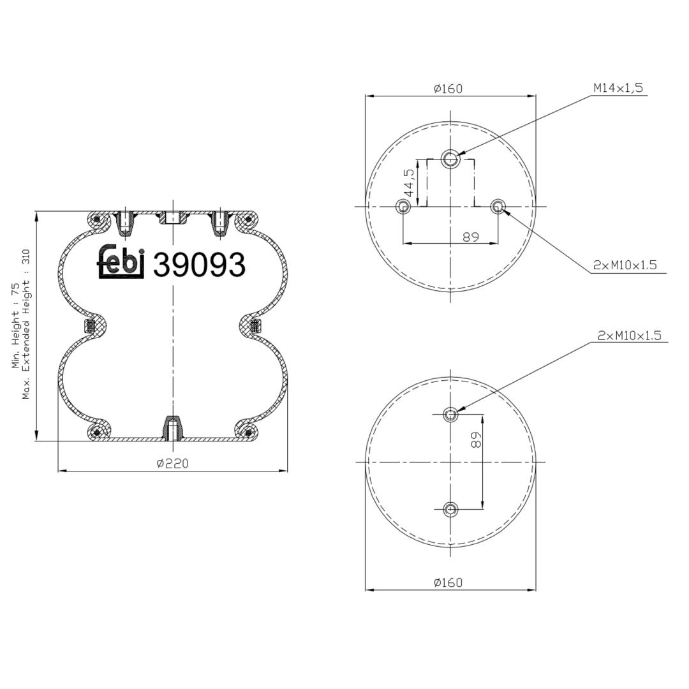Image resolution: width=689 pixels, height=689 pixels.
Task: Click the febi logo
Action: (121, 262)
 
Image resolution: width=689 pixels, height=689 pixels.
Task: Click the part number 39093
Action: (198, 265)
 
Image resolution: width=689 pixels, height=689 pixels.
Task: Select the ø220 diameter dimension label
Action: (172, 463)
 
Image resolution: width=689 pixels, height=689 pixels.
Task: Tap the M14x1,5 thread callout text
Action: (618, 88)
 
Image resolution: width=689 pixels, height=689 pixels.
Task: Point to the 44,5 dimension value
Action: (409, 182)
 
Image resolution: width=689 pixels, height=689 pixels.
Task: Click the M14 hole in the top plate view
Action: (450, 158)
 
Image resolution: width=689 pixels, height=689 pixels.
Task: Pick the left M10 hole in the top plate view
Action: (403, 206)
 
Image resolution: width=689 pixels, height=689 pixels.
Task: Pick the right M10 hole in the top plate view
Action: (498, 206)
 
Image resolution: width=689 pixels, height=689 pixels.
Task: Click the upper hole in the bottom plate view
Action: (450, 414)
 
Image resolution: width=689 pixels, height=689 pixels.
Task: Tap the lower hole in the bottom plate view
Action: (450, 509)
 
